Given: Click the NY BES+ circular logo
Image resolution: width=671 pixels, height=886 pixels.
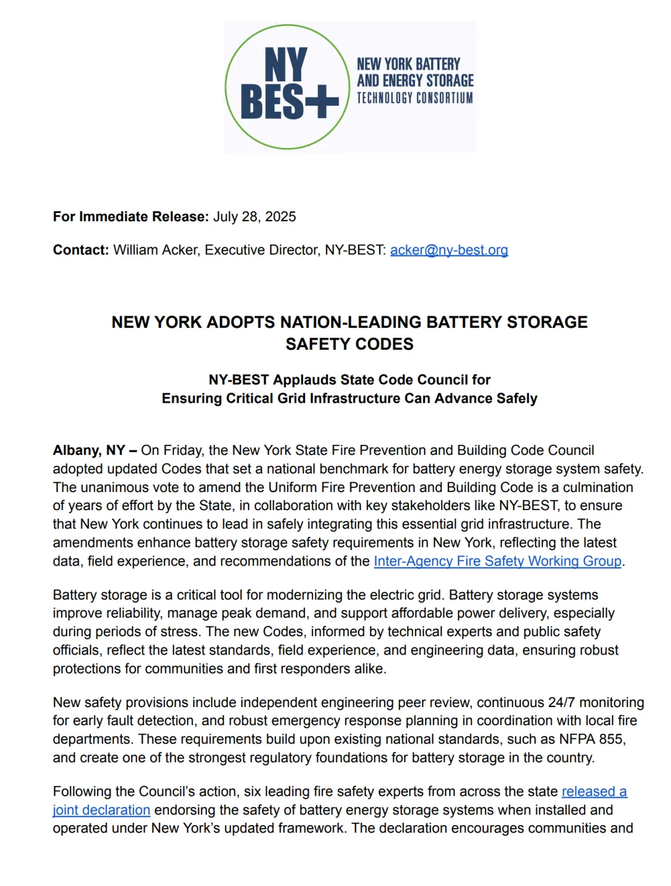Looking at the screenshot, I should (287, 87).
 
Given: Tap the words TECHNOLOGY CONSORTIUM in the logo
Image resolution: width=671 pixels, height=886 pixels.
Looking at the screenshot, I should (414, 98).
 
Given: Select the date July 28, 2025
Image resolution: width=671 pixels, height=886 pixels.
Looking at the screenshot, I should (255, 217).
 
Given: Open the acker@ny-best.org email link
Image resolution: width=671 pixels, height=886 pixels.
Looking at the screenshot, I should (449, 250).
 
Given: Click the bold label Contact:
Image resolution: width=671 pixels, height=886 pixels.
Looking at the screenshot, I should (81, 250).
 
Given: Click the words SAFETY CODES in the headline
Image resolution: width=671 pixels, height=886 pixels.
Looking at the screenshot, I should (349, 344).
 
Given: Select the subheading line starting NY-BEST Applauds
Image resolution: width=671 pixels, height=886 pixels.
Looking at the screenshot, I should (349, 380).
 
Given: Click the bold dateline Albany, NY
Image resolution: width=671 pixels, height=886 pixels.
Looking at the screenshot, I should (89, 450).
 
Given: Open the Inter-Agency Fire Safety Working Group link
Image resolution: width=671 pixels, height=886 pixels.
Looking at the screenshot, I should (497, 561).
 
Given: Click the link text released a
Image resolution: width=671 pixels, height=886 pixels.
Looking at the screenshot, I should (594, 792).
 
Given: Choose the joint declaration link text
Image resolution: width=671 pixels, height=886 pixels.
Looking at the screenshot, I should (101, 810).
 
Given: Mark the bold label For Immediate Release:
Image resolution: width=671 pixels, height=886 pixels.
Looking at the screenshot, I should (130, 217).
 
